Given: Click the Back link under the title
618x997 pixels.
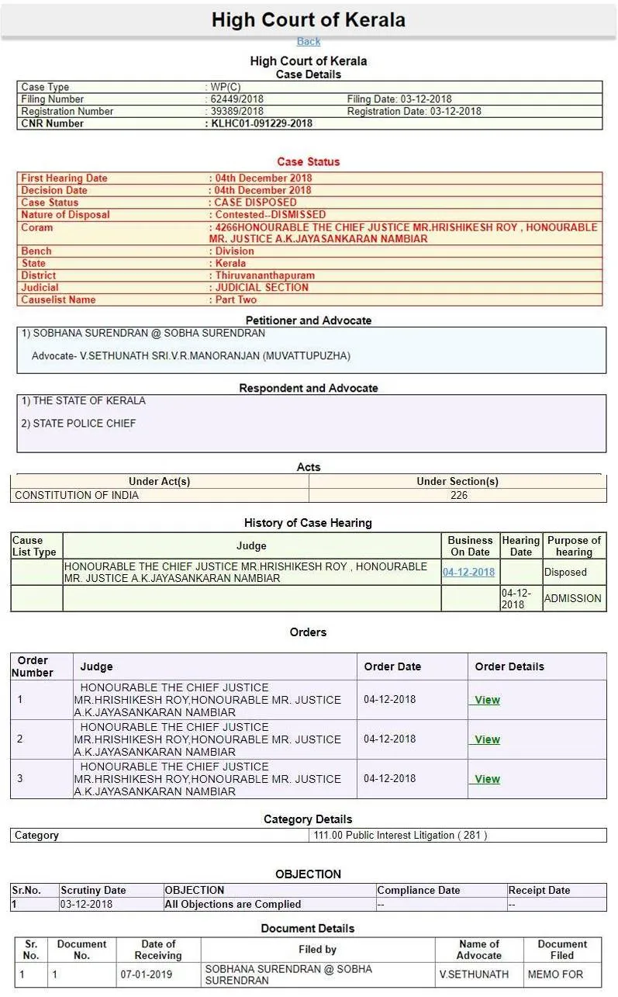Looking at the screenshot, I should tap(308, 42).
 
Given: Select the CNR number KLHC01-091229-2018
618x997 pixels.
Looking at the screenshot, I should tap(262, 123).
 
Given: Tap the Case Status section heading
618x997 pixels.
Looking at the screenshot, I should tap(309, 162).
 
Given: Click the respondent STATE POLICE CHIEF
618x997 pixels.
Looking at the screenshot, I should tap(84, 424).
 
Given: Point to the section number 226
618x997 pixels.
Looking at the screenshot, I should tap(459, 495).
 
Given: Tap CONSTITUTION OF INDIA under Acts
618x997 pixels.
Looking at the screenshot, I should tap(77, 495).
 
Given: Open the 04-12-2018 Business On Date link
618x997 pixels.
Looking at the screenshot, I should tap(468, 573).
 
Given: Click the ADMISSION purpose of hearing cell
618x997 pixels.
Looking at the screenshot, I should tap(572, 598).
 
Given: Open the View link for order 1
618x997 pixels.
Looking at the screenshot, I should tap(487, 700).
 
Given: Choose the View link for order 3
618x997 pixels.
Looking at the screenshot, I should tap(487, 779).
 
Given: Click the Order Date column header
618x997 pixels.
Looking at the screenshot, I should tap(392, 666).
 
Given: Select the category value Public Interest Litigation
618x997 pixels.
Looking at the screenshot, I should tap(399, 836).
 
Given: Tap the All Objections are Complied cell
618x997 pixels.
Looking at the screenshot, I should tap(233, 904).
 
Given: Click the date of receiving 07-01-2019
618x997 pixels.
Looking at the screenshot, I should tap(146, 974).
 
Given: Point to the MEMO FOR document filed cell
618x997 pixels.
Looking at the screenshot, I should tap(555, 974).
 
